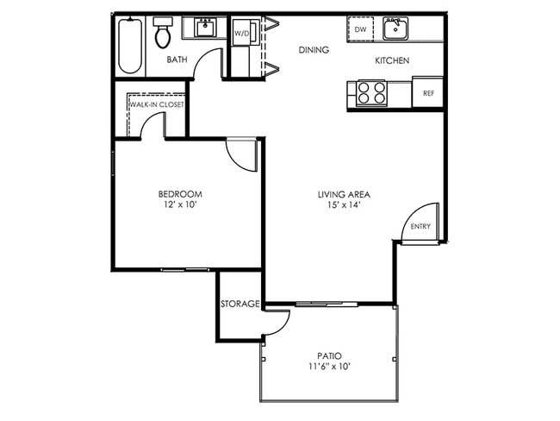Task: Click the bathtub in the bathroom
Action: [x=128, y=45]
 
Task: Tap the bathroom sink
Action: [x=205, y=28]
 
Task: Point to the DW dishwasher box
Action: [x=361, y=29]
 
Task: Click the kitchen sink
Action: [x=395, y=29]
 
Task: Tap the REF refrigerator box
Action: [x=428, y=92]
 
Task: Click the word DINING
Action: [x=314, y=50]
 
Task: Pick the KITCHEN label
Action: [x=391, y=61]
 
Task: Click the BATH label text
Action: [x=177, y=60]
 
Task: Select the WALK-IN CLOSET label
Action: [x=157, y=104]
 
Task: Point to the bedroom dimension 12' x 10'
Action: [x=180, y=206]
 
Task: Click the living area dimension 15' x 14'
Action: [x=343, y=206]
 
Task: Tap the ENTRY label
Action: [x=420, y=227]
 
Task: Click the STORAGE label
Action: [x=240, y=305]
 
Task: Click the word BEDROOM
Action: [x=180, y=194]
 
